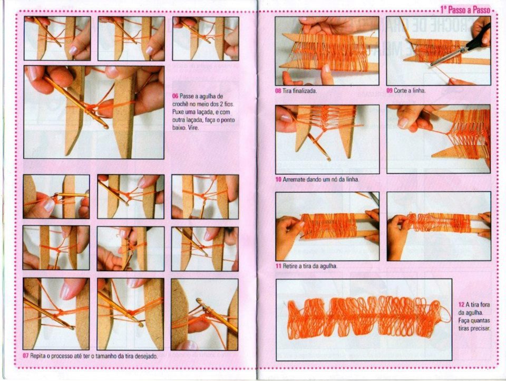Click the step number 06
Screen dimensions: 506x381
[175, 96]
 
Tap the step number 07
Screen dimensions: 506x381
[25, 356]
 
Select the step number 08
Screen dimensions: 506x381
[278, 91]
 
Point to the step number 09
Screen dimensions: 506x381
[390, 90]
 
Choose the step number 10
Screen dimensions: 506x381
[278, 179]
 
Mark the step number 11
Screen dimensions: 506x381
[278, 266]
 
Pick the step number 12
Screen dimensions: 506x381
[461, 304]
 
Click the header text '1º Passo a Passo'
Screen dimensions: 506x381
[465, 10]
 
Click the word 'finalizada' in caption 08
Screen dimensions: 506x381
[305, 91]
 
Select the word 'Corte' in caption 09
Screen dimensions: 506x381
[401, 90]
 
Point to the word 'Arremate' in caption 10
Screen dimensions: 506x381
[294, 179]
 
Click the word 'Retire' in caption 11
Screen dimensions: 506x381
[290, 266]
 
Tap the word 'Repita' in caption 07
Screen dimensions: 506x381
[37, 356]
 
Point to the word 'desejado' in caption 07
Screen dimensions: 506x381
[147, 356]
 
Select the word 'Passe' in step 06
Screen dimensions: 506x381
[186, 96]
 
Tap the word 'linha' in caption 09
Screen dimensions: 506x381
[419, 90]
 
